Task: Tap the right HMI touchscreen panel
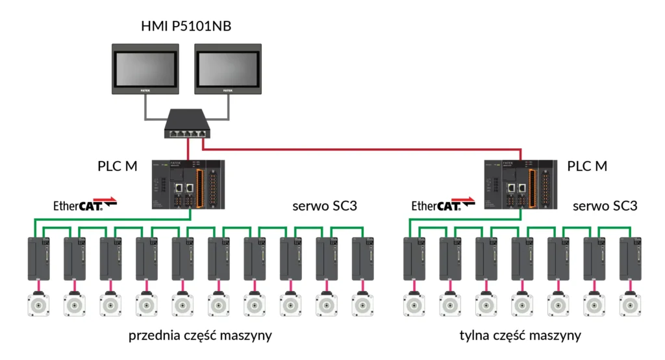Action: tap(227, 67)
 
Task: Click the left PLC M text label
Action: tap(118, 166)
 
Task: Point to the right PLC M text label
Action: tap(587, 166)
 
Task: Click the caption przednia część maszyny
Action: tap(200, 336)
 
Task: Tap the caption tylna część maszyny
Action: tap(520, 336)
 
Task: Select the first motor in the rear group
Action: tap(412, 304)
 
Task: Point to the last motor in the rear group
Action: tap(628, 304)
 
